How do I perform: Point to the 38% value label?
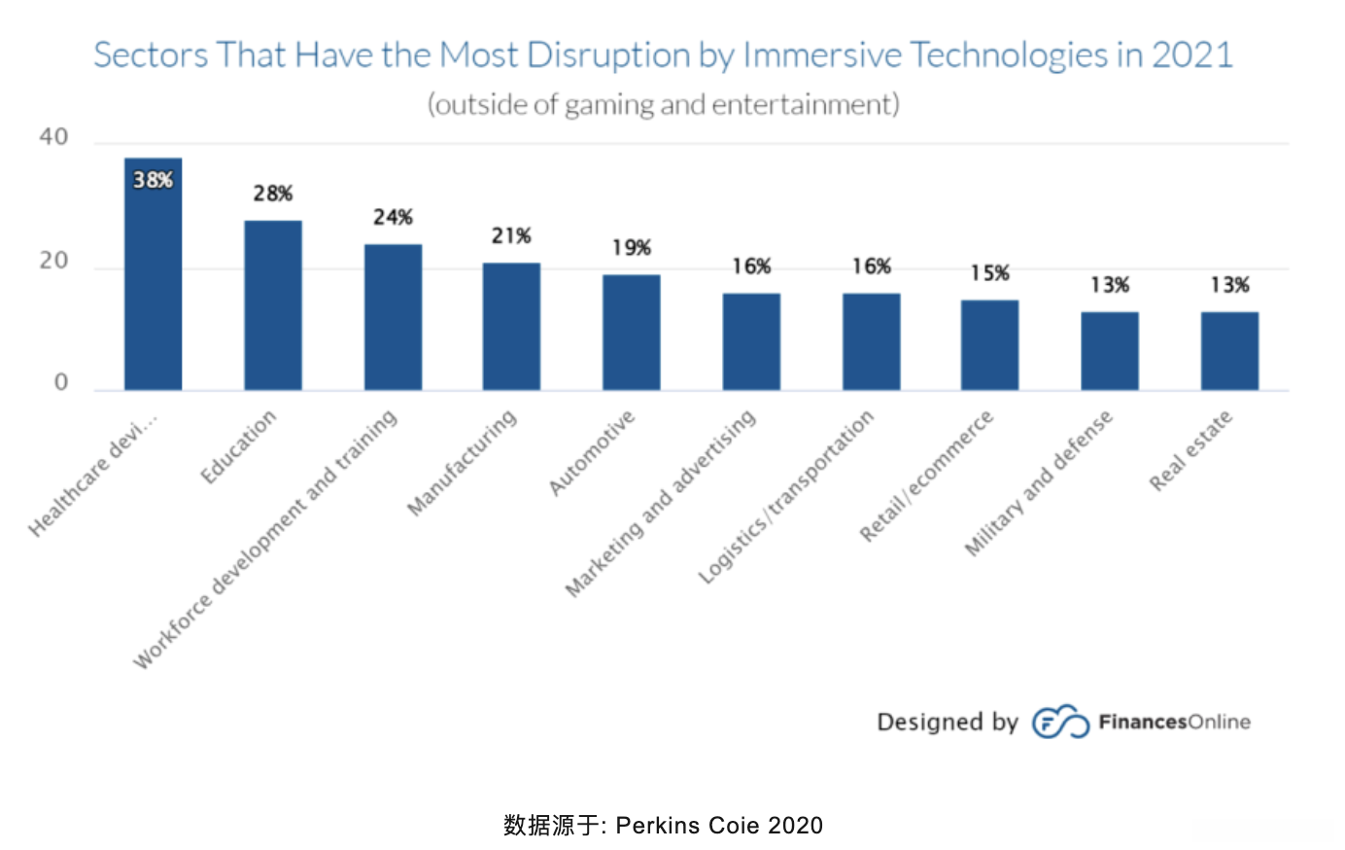click(153, 180)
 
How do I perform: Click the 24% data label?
click(393, 217)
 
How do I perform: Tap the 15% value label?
click(989, 273)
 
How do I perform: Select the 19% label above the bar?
click(631, 248)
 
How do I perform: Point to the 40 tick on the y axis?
click(54, 137)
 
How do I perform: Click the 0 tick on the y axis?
click(61, 382)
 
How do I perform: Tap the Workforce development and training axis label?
click(265, 540)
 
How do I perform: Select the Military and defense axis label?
click(1039, 483)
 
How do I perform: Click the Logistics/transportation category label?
click(787, 497)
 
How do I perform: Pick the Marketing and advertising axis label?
click(661, 502)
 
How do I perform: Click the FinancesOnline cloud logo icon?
click(1059, 722)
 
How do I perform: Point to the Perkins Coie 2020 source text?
click(719, 826)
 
